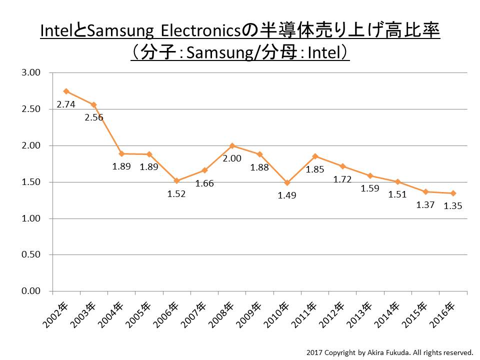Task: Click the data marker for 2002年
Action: click(66, 91)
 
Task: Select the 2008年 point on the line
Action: click(232, 145)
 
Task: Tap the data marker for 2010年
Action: click(287, 182)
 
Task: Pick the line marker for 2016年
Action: click(453, 193)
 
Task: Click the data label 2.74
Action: click(65, 105)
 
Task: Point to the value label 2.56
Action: click(93, 118)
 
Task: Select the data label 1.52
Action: click(176, 194)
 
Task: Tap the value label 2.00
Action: click(232, 158)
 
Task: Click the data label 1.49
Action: click(287, 195)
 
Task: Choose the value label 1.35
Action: click(453, 206)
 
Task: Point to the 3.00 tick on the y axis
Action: click(31, 73)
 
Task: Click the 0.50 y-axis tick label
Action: click(31, 255)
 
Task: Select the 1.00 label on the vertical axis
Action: click(31, 218)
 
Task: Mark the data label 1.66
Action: click(204, 183)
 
